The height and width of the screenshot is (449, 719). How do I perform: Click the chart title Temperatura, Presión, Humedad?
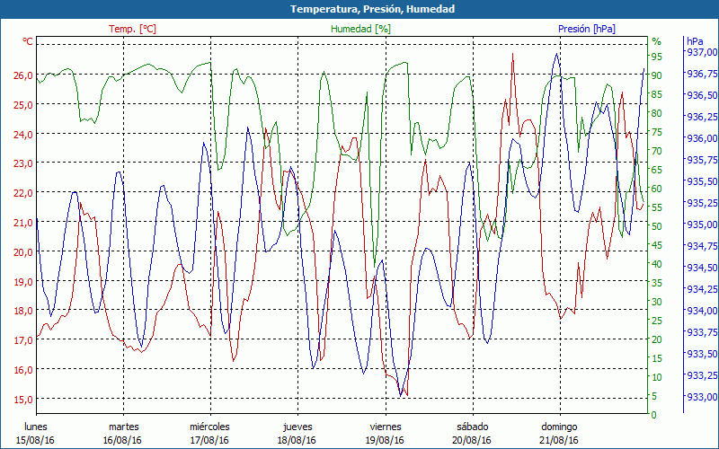pyautogui.click(x=359, y=9)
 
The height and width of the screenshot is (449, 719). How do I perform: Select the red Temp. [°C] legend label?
pyautogui.click(x=132, y=29)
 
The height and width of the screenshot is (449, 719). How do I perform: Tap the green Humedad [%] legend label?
pyautogui.click(x=361, y=29)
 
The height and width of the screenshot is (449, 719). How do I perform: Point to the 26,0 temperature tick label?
pyautogui.click(x=22, y=75)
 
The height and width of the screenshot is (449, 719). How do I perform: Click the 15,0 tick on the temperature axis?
pyautogui.click(x=22, y=399)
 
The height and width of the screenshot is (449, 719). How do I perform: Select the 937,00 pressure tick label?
pyautogui.click(x=702, y=52)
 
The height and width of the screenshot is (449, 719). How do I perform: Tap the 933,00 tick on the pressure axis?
pyautogui.click(x=702, y=397)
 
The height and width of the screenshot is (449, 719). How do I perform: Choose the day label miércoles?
pyautogui.click(x=209, y=427)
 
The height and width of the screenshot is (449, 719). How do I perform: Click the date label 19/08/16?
pyautogui.click(x=385, y=440)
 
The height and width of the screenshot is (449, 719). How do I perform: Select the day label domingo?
pyautogui.click(x=559, y=427)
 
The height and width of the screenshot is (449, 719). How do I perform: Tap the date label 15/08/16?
pyautogui.click(x=35, y=440)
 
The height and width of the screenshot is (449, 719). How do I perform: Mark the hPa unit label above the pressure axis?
pyautogui.click(x=695, y=41)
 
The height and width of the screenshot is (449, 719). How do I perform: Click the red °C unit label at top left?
pyautogui.click(x=28, y=41)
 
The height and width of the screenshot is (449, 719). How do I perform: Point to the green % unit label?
pyautogui.click(x=656, y=41)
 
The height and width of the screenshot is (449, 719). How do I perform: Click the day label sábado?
pyautogui.click(x=472, y=427)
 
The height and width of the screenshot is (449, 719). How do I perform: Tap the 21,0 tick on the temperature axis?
pyautogui.click(x=22, y=223)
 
